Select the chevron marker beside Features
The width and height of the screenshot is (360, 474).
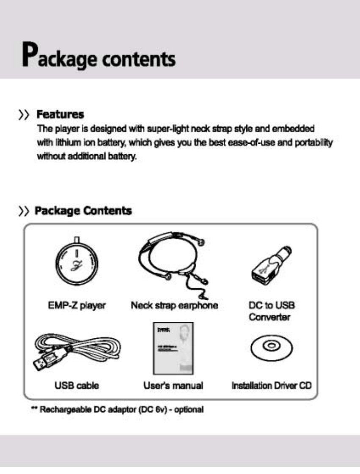(25, 115)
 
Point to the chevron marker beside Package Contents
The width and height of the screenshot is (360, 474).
(25, 211)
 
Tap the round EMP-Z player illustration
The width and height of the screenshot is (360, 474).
(77, 264)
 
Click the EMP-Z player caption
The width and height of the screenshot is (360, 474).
(77, 305)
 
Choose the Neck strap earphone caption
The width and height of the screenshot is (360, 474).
(174, 305)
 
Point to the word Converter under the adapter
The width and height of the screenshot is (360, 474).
(269, 317)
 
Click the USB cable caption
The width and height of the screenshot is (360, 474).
(77, 385)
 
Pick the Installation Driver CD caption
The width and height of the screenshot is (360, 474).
(271, 385)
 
